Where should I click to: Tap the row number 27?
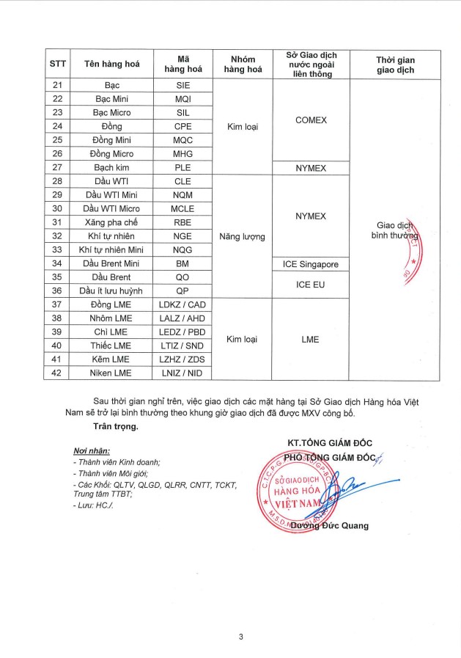(x=58, y=168)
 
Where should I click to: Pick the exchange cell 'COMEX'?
(x=310, y=120)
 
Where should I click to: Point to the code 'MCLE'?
(x=182, y=209)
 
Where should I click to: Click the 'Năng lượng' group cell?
(x=242, y=237)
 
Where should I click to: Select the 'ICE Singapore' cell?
(x=310, y=264)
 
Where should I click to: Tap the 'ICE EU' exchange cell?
(x=310, y=285)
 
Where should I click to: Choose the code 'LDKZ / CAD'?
(x=182, y=305)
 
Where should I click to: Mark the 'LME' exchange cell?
(x=310, y=340)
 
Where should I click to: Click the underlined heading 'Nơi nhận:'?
(x=91, y=450)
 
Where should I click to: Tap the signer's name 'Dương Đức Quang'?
(x=330, y=525)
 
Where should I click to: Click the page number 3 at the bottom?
(x=240, y=636)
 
